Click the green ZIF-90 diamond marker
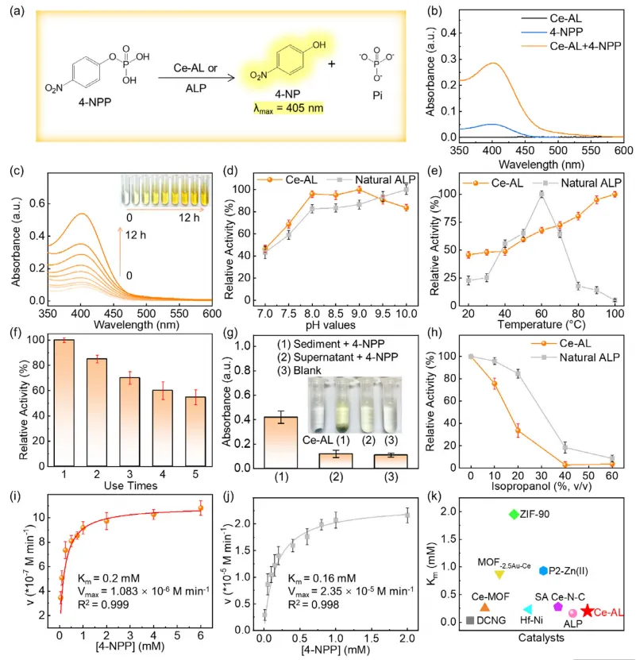click(513, 515)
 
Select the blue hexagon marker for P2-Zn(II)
click(543, 570)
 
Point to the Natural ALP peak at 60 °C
click(542, 194)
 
